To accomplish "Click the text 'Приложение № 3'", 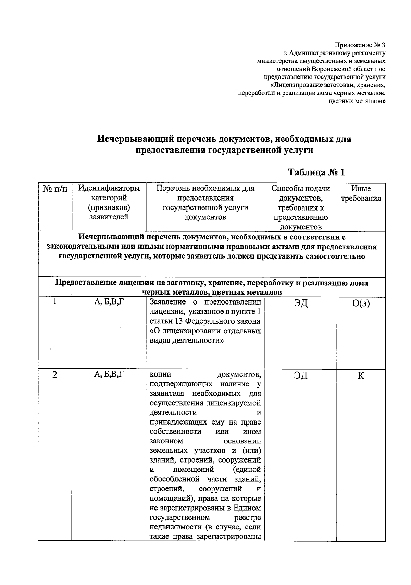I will [x=360, y=45].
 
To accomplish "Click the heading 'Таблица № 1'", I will [x=316, y=172].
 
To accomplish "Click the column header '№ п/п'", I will [x=55, y=189].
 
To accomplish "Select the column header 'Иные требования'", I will [x=361, y=193].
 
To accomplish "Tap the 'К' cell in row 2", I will [x=361, y=376].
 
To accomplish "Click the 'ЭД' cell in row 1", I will [x=300, y=304].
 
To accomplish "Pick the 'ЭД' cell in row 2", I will [x=300, y=376].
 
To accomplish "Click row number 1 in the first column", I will [x=54, y=302].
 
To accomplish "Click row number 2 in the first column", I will [x=54, y=375].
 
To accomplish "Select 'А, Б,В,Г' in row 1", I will [x=109, y=302].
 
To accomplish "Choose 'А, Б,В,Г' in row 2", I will [x=109, y=374].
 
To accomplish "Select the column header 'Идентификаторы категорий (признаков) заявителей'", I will [x=109, y=202].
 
